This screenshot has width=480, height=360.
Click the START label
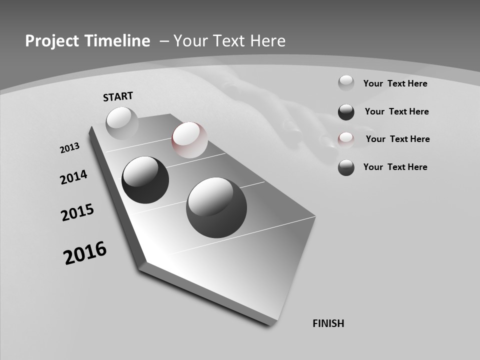pyautogui.click(x=118, y=96)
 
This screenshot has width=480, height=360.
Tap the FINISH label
pyautogui.click(x=328, y=323)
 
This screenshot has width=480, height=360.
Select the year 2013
pyautogui.click(x=69, y=148)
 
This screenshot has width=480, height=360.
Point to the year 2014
pyautogui.click(x=73, y=177)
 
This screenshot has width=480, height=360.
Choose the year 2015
pyautogui.click(x=77, y=212)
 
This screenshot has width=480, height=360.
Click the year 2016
pyautogui.click(x=85, y=253)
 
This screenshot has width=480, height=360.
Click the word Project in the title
pyautogui.click(x=51, y=41)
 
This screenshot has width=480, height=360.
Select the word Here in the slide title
pyautogui.click(x=268, y=41)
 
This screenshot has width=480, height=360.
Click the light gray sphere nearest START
pyautogui.click(x=122, y=123)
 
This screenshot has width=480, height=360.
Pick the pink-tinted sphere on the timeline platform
pyautogui.click(x=189, y=140)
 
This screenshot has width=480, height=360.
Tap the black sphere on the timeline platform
pyautogui.click(x=145, y=180)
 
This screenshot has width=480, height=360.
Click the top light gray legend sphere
pyautogui.click(x=346, y=83)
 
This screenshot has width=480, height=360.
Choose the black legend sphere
pyautogui.click(x=346, y=112)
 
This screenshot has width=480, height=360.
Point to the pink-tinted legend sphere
pyautogui.click(x=346, y=139)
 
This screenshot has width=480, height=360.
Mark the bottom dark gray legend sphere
pyautogui.click(x=346, y=167)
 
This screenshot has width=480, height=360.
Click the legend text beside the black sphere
pyautogui.click(x=396, y=111)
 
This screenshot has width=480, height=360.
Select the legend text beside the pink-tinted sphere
pyautogui.click(x=397, y=139)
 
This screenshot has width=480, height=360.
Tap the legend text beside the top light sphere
pyautogui.click(x=395, y=83)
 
